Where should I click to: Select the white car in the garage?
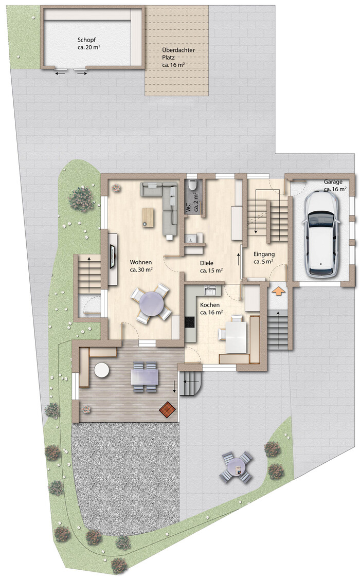pos(320,234)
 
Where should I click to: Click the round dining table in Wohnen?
pos(151,303)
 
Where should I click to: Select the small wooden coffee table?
pos(148,217)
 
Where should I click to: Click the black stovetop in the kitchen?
pos(190,322)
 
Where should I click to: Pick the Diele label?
pos(206,263)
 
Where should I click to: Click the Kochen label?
pos(210,305)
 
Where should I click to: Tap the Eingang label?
pos(264,254)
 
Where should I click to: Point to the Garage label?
pos(333,182)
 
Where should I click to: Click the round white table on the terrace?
pos(101,370)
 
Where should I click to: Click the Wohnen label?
pos(141,262)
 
